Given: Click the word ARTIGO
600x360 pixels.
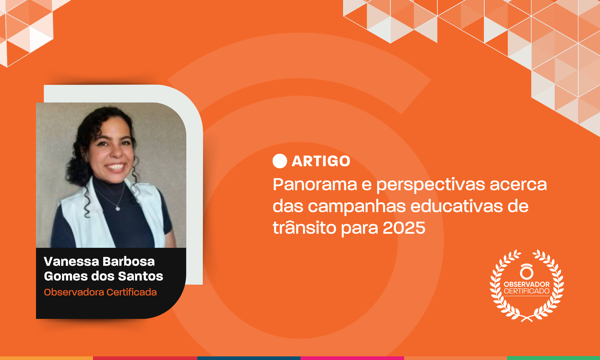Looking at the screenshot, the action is point(321,161).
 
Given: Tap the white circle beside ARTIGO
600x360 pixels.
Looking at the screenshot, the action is point(280,161).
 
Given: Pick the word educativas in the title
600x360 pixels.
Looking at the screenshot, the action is point(457,206).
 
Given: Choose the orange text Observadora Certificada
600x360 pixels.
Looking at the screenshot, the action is point(100,292).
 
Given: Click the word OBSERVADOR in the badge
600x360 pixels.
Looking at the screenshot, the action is point(526,284).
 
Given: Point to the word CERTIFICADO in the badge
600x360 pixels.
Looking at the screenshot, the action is point(526,291).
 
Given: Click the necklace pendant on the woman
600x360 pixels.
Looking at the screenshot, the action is point(118,208).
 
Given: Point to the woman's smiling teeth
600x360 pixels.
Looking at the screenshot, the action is point(115,167).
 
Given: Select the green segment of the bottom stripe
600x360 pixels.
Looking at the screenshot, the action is point(553,358).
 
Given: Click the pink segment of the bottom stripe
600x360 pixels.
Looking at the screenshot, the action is point(352,358).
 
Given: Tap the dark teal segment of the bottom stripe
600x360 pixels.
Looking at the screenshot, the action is point(249,358).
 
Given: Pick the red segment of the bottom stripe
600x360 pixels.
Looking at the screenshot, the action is point(145,358).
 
